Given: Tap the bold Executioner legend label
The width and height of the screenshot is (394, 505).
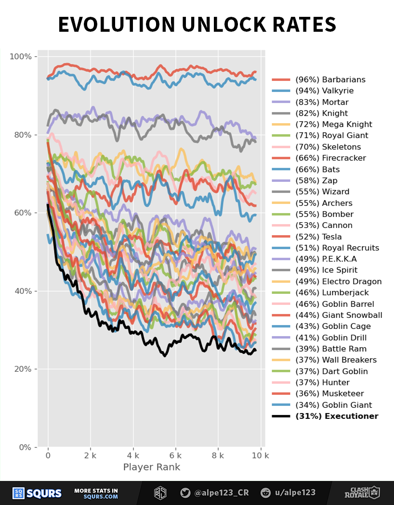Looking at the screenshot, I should [337, 416].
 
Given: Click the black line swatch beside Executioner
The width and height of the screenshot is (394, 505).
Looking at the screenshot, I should [281, 417].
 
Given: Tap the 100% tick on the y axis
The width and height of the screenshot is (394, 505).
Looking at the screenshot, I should [20, 57].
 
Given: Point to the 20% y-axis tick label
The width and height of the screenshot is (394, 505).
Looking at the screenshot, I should [22, 369].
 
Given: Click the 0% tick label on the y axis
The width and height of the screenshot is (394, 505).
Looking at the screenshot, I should [24, 447].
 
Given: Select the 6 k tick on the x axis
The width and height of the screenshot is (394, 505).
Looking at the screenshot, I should [176, 455].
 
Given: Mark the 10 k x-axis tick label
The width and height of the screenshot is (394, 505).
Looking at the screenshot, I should [261, 455].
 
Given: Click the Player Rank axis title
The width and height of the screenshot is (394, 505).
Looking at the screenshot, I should [152, 467].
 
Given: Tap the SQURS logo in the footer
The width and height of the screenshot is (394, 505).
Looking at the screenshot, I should [37, 493].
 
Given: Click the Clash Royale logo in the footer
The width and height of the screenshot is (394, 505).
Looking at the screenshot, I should [362, 493].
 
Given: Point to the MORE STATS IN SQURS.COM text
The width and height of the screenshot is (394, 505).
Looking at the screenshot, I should [96, 493].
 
